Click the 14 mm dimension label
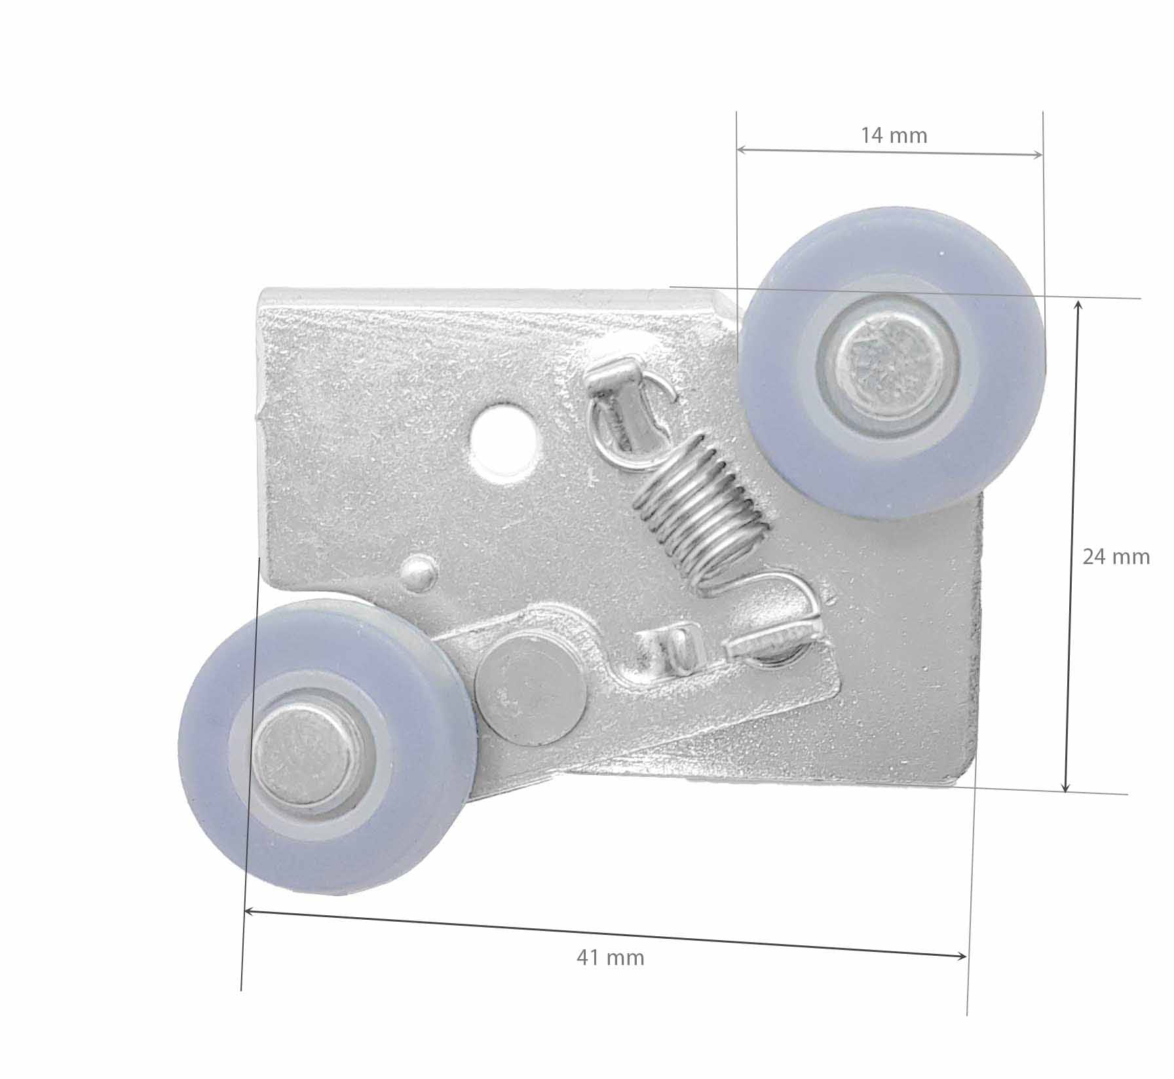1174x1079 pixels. (x=894, y=136)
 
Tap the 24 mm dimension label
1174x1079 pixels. (x=1116, y=557)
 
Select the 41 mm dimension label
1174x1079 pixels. (x=611, y=958)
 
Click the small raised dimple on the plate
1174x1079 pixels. (x=420, y=572)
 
